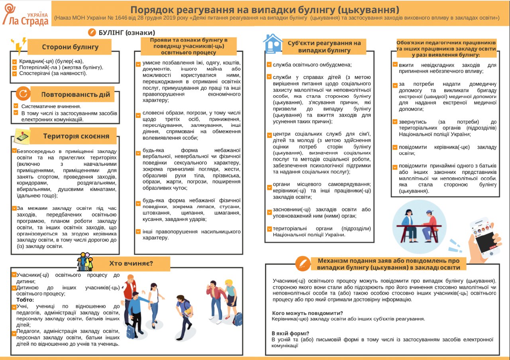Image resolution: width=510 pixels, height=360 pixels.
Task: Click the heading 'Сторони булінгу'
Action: click(x=70, y=47)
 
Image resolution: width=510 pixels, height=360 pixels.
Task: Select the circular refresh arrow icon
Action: click(x=23, y=94)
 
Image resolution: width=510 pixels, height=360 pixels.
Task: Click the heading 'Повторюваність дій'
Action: click(x=76, y=95)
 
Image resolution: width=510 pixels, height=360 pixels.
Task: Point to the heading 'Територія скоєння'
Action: click(x=76, y=136)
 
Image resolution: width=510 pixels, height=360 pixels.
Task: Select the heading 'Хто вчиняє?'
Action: click(x=131, y=263)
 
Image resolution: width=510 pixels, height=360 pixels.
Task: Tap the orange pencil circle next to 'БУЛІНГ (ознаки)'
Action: click(x=92, y=32)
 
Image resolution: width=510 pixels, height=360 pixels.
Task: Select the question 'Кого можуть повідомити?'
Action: click(x=307, y=313)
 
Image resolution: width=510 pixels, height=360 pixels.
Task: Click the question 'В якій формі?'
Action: click(x=290, y=333)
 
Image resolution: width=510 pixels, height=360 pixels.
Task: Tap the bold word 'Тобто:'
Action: click(x=25, y=300)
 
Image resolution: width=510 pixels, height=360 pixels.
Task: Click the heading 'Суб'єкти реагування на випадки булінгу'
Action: click(x=324, y=47)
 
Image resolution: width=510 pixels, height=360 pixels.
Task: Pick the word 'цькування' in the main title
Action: click(x=369, y=9)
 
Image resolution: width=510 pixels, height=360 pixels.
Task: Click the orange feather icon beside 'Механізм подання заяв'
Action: click(x=303, y=264)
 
